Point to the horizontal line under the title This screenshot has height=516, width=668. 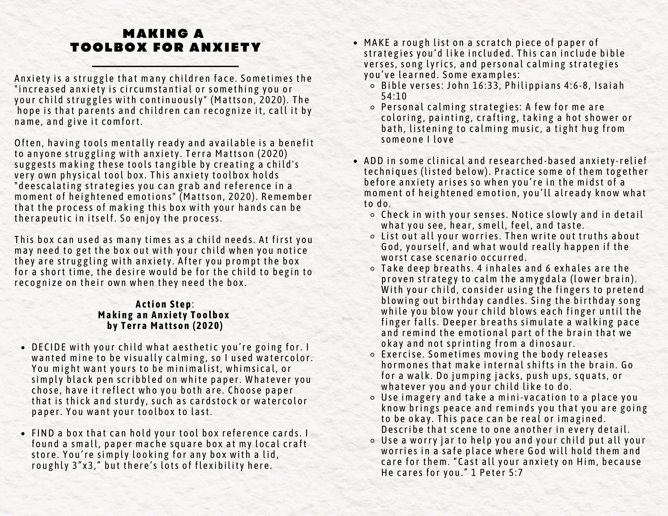(x=165, y=66)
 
